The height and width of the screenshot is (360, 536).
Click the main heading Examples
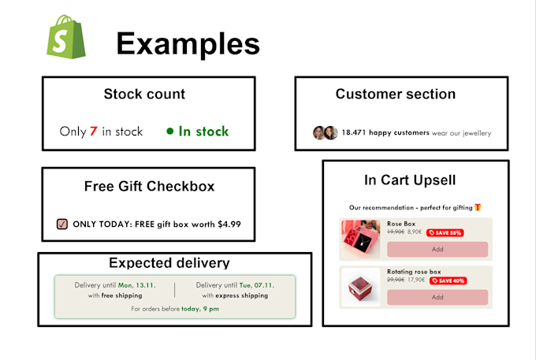(188, 44)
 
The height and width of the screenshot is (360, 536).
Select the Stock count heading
(144, 95)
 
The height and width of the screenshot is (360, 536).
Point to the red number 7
(93, 132)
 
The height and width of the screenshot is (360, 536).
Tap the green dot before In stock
(169, 132)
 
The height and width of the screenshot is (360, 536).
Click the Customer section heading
(395, 95)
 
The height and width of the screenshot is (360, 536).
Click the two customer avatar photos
(325, 133)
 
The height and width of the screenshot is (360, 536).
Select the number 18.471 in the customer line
(355, 133)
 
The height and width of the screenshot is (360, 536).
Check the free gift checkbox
(62, 224)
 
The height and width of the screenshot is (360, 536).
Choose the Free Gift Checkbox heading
(149, 187)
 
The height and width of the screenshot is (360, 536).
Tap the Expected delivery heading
(169, 263)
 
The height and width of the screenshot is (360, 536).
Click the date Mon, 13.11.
(136, 285)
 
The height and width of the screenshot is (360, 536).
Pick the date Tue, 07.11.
(257, 285)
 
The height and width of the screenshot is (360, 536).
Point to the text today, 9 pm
(200, 309)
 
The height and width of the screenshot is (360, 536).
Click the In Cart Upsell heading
(410, 180)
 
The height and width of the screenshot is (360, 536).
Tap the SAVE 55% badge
(445, 232)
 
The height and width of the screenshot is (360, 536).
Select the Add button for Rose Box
(437, 249)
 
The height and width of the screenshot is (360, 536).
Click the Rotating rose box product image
(361, 288)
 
